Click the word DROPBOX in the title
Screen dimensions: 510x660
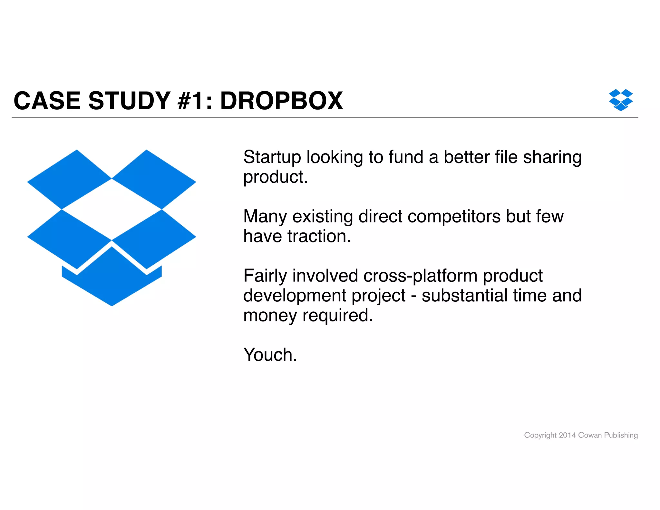coord(281,101)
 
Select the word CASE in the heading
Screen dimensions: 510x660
coord(47,101)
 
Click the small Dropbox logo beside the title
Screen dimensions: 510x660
coord(620,100)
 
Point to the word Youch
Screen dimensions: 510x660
coord(270,355)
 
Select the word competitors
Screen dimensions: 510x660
coord(454,217)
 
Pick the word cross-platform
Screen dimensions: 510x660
coord(420,276)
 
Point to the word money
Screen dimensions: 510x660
coord(270,315)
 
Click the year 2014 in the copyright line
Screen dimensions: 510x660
coord(567,435)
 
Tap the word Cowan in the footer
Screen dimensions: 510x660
coord(590,435)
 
